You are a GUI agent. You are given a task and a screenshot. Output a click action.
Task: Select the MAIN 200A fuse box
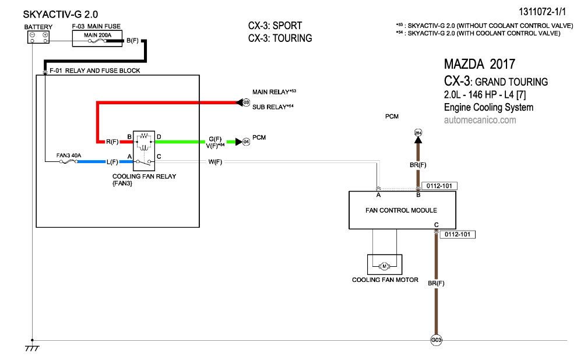pyautogui.click(x=97, y=38)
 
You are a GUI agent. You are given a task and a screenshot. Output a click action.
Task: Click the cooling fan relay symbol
pyautogui.click(x=143, y=148)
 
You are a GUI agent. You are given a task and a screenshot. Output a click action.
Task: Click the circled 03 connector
pyautogui.click(x=246, y=103)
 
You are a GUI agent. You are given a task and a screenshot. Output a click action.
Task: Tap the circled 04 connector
pyautogui.click(x=246, y=142)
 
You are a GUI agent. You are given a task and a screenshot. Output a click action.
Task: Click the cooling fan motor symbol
pyautogui.click(x=385, y=266)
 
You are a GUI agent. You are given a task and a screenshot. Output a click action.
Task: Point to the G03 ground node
pyautogui.click(x=435, y=340)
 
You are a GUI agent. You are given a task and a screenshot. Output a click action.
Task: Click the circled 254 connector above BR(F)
pyautogui.click(x=417, y=133)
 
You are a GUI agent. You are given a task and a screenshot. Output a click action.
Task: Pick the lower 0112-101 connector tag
pyautogui.click(x=458, y=235)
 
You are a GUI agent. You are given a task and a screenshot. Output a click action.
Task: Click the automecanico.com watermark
pyautogui.click(x=480, y=120)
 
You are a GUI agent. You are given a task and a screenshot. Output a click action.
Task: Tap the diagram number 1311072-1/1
pyautogui.click(x=544, y=11)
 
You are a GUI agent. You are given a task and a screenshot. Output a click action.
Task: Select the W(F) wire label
pyautogui.click(x=215, y=161)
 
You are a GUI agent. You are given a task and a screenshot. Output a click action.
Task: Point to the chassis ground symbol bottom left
pyautogui.click(x=32, y=348)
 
